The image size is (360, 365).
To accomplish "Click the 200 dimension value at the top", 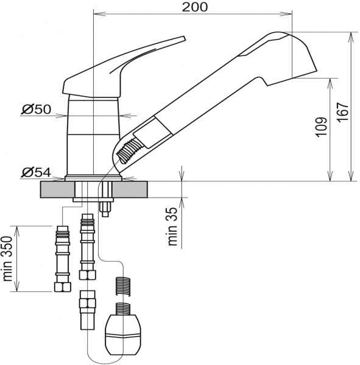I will click(x=195, y=7).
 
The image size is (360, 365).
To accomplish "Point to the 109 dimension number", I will click(x=322, y=127).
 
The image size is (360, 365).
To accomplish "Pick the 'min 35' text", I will click(x=173, y=226).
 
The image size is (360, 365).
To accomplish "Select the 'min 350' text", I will click(x=8, y=259).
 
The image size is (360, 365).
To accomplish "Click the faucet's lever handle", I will click(x=122, y=67).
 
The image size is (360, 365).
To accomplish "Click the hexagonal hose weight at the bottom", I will click(x=124, y=333).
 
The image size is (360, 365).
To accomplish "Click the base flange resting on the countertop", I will click(x=94, y=178).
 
